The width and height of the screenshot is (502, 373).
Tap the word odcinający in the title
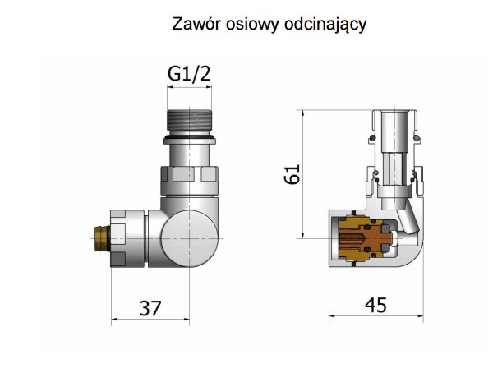(324, 24)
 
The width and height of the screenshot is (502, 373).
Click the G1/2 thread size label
(189, 74)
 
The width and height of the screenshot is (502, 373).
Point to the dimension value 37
(149, 308)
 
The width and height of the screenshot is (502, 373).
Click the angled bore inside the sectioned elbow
(406, 226)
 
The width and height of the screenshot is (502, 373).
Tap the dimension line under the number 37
(149, 320)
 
